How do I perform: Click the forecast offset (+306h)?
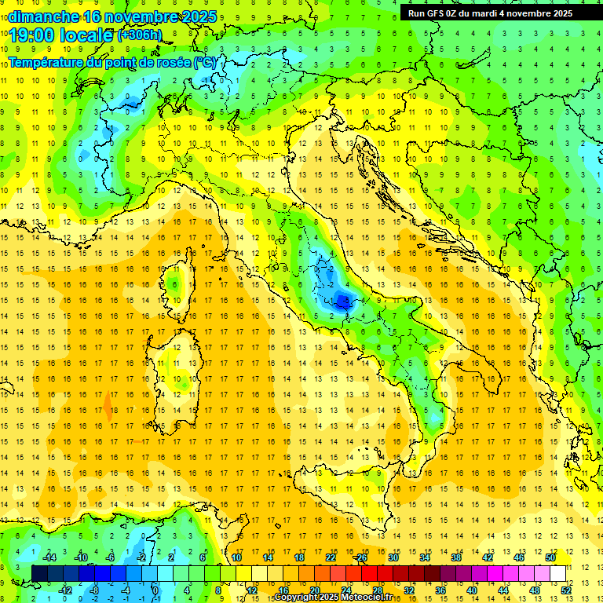point(140,35)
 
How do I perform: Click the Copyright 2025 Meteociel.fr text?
point(333,598)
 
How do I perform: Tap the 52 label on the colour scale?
point(566,590)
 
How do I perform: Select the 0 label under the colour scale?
point(155,590)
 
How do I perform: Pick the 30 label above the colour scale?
point(393,557)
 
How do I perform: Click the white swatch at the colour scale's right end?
point(557,573)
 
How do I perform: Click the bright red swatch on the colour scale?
point(369,573)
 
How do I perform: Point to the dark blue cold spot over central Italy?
point(342,298)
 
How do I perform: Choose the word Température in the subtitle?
point(47,62)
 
